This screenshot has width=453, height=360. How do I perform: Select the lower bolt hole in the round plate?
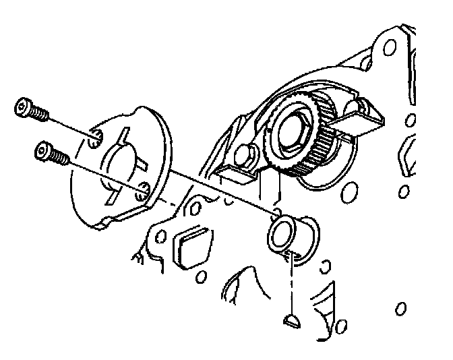coord(141,193)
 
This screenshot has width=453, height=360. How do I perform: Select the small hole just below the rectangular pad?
coord(200,276)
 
